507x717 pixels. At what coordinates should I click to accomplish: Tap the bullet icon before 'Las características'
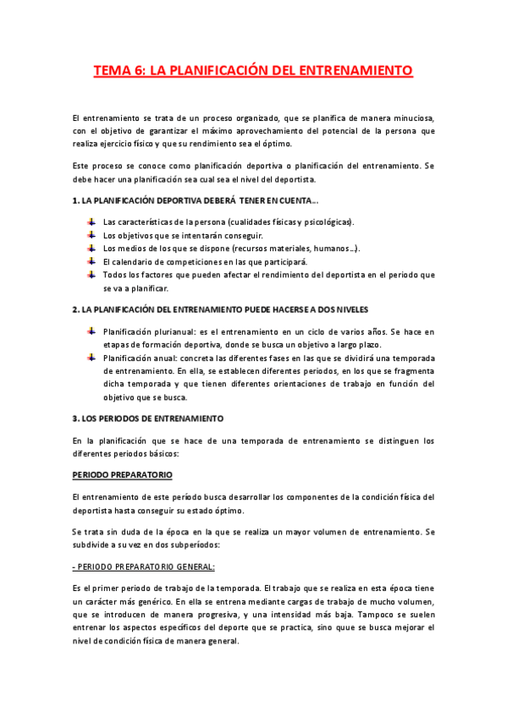tap(91, 221)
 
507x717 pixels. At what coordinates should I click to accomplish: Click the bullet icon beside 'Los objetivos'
tap(91, 234)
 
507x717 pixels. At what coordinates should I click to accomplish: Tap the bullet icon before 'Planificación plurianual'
tap(91, 331)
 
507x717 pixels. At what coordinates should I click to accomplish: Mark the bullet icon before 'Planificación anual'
tap(91, 357)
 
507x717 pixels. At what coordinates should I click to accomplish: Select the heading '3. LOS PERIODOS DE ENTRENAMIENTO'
tap(146, 419)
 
